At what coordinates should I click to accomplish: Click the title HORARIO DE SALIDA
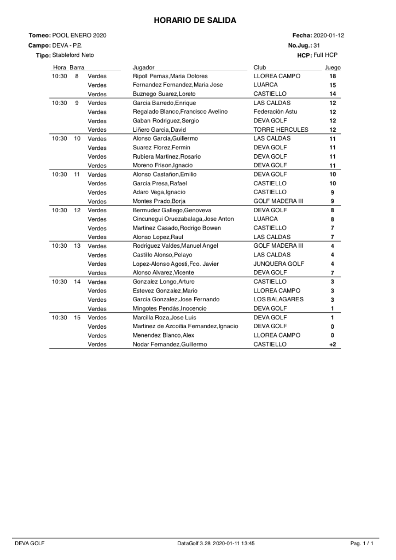195,20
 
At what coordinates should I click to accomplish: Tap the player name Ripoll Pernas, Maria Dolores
170,76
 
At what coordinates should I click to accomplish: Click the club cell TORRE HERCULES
281,130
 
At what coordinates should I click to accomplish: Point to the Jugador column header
143,67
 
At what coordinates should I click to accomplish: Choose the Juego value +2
332,345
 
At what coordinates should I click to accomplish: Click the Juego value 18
333,76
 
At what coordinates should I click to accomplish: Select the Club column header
259,67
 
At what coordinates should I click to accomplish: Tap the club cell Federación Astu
275,112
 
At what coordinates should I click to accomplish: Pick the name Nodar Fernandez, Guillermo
171,345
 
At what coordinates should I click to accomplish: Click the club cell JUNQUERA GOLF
278,264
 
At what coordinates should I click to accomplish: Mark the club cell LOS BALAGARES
278,299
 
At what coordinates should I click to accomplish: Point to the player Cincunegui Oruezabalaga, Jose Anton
183,219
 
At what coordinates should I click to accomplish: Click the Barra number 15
77,317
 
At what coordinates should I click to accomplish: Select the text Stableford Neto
73,55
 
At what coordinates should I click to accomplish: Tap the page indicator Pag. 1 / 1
362,544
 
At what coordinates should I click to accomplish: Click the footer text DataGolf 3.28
193,544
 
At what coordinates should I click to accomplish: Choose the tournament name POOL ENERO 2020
79,35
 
